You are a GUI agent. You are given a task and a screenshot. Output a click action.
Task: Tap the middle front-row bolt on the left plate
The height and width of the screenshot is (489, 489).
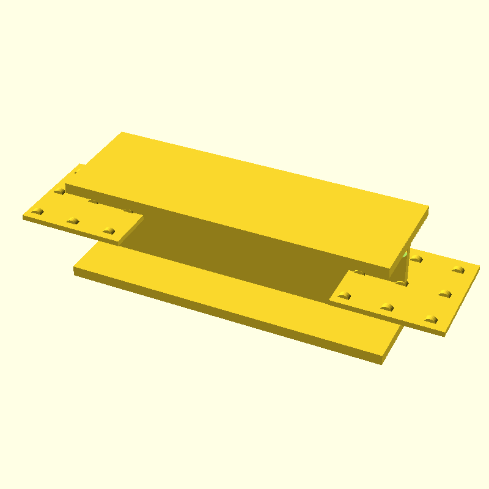click(x=73, y=221)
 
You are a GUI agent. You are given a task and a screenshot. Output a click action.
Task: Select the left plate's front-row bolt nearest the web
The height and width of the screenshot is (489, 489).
click(x=109, y=230)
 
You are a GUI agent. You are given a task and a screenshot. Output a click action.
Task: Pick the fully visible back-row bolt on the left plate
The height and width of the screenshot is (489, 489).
click(x=59, y=191)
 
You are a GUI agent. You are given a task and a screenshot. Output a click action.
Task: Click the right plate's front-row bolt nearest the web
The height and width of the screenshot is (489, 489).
click(x=345, y=295)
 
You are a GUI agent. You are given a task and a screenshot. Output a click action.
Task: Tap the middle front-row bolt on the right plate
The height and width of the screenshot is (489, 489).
click(x=386, y=306)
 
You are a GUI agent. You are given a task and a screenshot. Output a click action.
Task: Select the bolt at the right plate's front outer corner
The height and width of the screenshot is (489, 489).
click(x=432, y=318)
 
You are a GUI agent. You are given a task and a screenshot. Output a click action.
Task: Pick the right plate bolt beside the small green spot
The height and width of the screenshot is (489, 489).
click(x=417, y=259)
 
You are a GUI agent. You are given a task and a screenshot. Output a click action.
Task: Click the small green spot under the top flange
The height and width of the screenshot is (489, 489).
click(x=405, y=254)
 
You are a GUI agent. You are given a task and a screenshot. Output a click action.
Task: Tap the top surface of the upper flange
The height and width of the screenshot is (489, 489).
click(x=244, y=189)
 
